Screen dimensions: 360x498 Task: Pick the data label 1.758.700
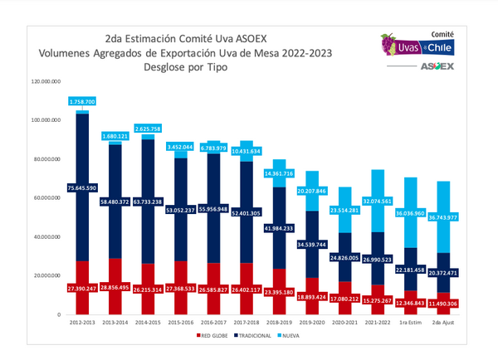tap(83, 101)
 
